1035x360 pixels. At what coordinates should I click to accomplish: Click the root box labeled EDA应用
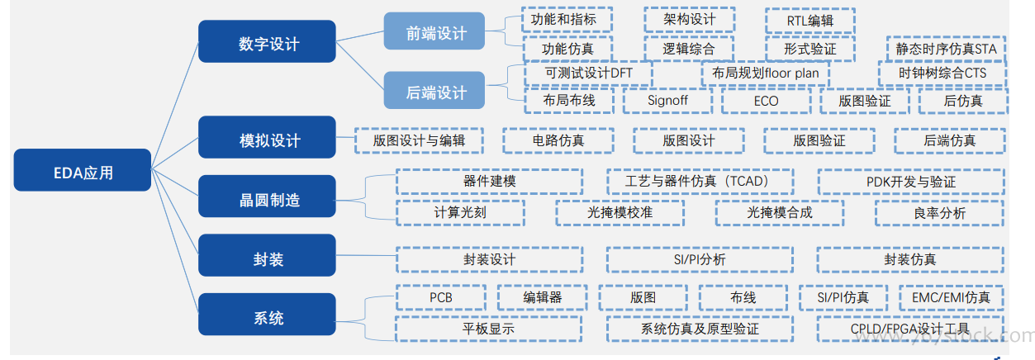click(83, 173)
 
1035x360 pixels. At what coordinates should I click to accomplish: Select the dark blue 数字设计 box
click(268, 43)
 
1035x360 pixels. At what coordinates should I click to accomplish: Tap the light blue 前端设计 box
click(435, 33)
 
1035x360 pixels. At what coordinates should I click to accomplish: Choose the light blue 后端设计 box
click(435, 92)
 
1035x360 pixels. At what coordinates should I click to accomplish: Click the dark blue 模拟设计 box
click(268, 139)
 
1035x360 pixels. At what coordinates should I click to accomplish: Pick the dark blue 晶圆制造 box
click(268, 198)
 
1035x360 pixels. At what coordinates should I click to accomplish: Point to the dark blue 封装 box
click(268, 258)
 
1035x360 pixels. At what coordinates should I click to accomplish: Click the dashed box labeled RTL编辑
click(809, 20)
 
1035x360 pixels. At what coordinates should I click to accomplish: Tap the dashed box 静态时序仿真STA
click(947, 49)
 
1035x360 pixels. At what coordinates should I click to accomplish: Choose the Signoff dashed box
click(667, 101)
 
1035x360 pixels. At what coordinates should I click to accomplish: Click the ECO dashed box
click(766, 101)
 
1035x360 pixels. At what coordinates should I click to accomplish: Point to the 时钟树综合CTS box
click(942, 73)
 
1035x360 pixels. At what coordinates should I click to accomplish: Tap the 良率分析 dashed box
click(939, 212)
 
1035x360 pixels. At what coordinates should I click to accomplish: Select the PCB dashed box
click(440, 296)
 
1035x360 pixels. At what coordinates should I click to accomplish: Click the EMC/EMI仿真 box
click(951, 296)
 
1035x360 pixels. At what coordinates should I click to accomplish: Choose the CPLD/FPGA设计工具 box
click(910, 328)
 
